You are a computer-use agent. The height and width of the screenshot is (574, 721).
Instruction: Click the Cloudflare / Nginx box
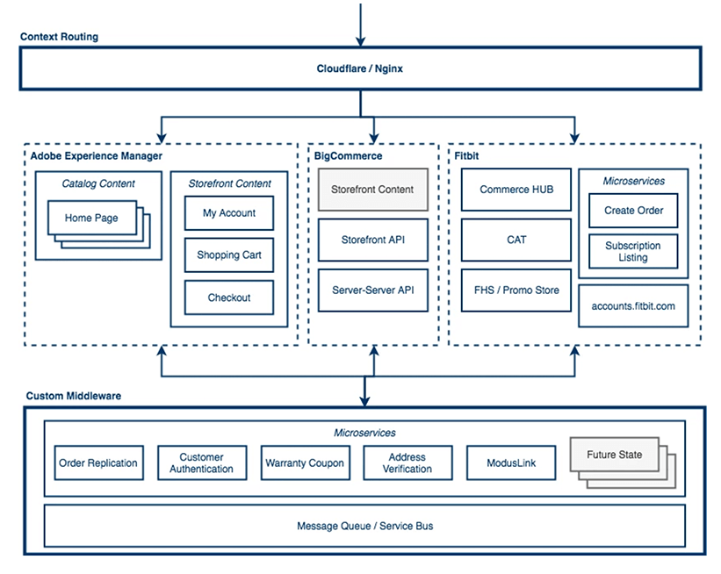[x=360, y=68]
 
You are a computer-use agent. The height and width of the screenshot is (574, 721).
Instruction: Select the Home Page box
[x=91, y=218]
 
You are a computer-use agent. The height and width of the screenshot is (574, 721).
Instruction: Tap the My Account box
[x=229, y=212]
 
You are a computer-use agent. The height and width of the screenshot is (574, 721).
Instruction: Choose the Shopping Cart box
[x=229, y=255]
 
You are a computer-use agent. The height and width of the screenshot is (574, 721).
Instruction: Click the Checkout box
[x=229, y=298]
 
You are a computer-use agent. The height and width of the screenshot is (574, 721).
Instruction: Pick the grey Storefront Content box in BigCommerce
[x=372, y=190]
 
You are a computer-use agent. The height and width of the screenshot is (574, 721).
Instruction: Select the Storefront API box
[x=372, y=239]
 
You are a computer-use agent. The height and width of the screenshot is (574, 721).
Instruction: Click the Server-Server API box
[x=372, y=289]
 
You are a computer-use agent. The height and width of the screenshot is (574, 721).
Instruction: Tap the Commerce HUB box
[x=516, y=190]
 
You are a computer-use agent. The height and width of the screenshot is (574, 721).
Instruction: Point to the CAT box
[x=516, y=240]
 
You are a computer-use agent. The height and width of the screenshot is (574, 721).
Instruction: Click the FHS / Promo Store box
[x=516, y=290]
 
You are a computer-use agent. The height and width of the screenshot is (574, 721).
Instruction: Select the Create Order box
[x=633, y=211]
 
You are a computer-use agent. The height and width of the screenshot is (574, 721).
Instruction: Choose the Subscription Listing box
[x=633, y=252]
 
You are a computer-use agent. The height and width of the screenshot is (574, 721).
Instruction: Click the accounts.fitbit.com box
[x=633, y=305]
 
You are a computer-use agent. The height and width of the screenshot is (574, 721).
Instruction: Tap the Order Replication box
[x=98, y=463]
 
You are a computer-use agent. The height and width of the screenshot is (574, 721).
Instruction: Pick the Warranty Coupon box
[x=305, y=463]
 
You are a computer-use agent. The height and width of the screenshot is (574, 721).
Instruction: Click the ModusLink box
[x=510, y=463]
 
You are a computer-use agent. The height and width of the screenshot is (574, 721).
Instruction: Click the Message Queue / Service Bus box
[x=364, y=526]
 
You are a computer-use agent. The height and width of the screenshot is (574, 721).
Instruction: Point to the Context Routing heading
[x=59, y=37]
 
